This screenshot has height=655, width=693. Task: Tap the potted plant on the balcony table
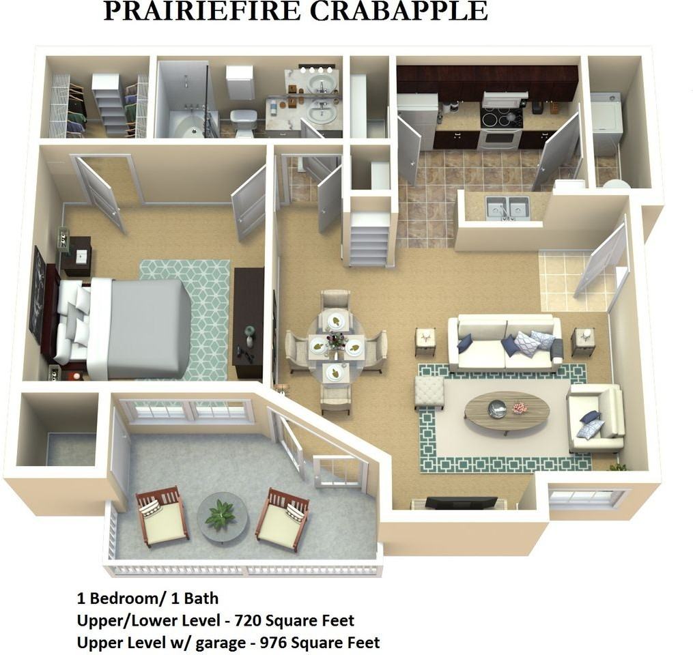tap(220, 514)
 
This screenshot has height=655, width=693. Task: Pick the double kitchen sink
tap(508, 207)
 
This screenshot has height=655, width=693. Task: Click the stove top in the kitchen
tap(501, 119)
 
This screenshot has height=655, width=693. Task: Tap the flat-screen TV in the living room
tap(461, 503)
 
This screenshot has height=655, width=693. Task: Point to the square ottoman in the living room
tap(429, 392)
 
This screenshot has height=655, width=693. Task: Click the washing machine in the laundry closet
tap(606, 123)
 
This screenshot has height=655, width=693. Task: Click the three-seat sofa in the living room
tap(505, 343)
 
